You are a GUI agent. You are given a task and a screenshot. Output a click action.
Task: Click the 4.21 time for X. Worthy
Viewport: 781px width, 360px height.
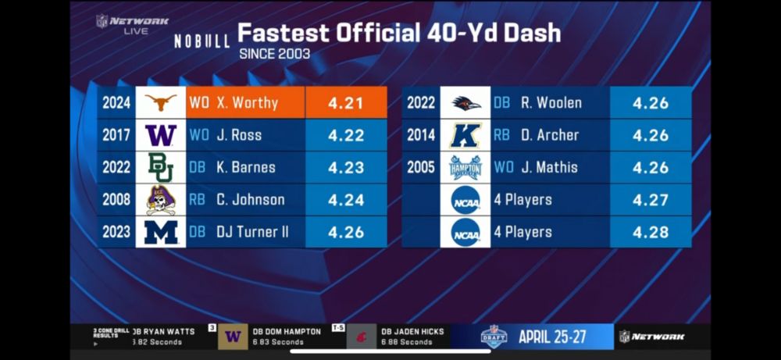click(x=345, y=102)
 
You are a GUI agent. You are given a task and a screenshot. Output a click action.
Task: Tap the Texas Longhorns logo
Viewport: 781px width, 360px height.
click(x=161, y=102)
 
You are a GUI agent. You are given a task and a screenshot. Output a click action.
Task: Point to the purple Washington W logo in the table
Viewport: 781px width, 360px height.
click(x=161, y=135)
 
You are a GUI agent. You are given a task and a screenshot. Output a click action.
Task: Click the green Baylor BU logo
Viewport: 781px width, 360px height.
click(x=161, y=167)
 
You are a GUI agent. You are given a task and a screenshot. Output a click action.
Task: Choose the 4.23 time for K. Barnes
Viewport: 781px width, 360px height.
click(x=345, y=167)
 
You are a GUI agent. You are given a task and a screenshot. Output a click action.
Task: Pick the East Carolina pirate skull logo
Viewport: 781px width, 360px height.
click(x=161, y=200)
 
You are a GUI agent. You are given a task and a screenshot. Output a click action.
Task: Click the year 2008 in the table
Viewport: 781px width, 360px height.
click(x=116, y=200)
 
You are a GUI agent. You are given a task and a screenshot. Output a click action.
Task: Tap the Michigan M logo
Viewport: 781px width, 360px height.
click(x=161, y=232)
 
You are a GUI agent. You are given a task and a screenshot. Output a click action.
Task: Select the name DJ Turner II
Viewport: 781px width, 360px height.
click(x=253, y=232)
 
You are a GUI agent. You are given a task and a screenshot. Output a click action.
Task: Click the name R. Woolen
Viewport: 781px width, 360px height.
click(x=551, y=102)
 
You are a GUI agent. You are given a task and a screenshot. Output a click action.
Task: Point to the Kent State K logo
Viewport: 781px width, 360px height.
click(x=465, y=135)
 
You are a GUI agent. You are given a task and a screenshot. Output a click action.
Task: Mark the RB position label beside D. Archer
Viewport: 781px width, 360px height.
click(x=501, y=135)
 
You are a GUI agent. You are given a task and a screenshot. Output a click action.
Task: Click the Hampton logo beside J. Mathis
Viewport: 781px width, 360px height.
click(x=465, y=167)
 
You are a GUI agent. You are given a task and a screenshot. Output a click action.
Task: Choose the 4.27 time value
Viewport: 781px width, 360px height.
click(x=650, y=200)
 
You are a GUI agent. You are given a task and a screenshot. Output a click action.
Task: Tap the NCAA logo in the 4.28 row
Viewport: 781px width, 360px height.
click(x=465, y=232)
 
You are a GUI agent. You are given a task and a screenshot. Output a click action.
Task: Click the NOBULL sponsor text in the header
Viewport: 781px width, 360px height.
click(x=201, y=40)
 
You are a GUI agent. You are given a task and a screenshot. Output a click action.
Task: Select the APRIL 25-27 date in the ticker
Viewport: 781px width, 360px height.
click(x=553, y=337)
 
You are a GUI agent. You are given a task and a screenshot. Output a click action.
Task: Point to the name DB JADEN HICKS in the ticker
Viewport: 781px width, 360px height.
click(x=412, y=332)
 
